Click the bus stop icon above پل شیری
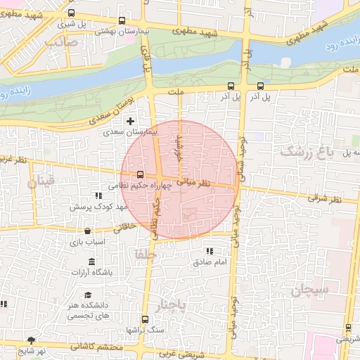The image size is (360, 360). pos(71,13)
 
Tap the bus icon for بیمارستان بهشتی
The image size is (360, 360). pos(123,21)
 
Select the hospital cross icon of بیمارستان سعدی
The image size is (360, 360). pos(130,122)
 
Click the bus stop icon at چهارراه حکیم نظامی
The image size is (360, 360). pos(140,174)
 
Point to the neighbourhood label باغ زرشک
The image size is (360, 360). pos(305,151)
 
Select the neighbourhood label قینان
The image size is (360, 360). pos(40,183)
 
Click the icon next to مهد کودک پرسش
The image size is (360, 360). pos(97,195)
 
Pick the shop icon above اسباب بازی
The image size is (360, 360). pos(87,231)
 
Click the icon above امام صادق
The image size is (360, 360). pos(209,251)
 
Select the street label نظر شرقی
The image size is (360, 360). pos(328,200)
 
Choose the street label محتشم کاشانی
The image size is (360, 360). pos(97,347)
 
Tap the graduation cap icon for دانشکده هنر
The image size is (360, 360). pos(88,295)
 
